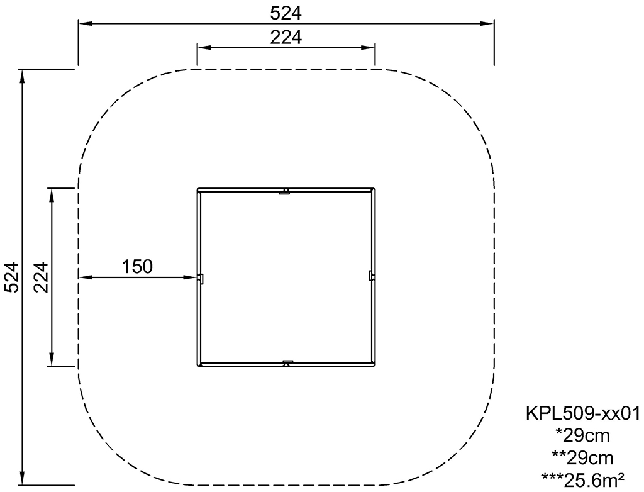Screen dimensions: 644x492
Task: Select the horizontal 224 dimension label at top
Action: [x=286, y=37]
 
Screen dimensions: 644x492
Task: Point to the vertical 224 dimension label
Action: [x=41, y=277]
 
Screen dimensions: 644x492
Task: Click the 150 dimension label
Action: [x=137, y=266]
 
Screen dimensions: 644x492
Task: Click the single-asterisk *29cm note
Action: [x=582, y=435]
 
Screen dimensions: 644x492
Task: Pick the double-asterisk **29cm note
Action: [x=582, y=457]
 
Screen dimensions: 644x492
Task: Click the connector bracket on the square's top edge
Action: [x=285, y=191]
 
